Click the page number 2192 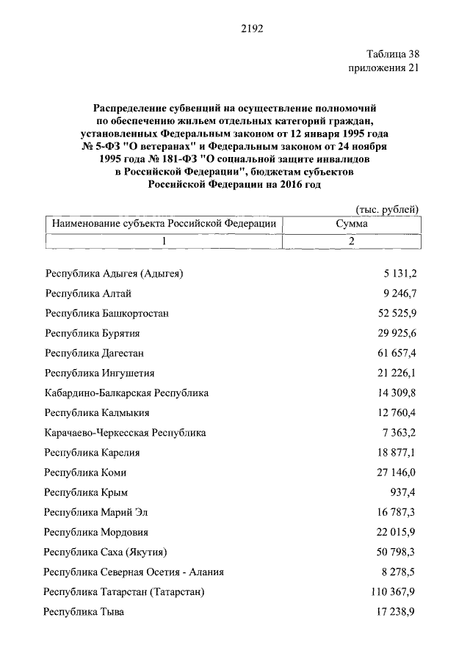251,29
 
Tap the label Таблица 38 392,55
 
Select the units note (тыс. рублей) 387,209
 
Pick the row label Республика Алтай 87,293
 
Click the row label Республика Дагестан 94,353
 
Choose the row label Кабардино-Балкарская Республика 126,393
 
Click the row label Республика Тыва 84,611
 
